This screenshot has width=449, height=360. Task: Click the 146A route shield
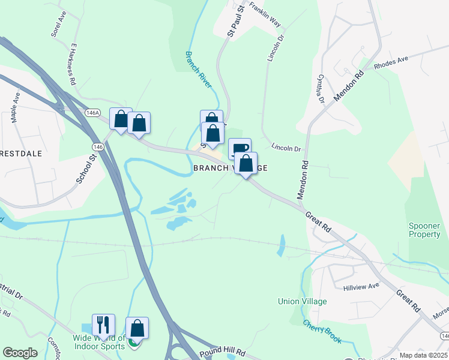point(92,112)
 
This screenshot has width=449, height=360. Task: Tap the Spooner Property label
point(424,230)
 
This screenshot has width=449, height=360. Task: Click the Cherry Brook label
point(323,332)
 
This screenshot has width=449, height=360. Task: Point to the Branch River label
point(198,70)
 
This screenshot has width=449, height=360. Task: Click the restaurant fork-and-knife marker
point(103,325)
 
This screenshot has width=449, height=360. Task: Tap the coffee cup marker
point(240,149)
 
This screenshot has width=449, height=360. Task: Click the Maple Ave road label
point(16,107)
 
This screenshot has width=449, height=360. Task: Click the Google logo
point(20,353)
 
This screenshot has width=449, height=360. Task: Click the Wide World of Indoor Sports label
point(99,341)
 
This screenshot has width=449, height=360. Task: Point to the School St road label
point(86,169)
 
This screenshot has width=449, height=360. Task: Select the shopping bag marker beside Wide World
point(137,328)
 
